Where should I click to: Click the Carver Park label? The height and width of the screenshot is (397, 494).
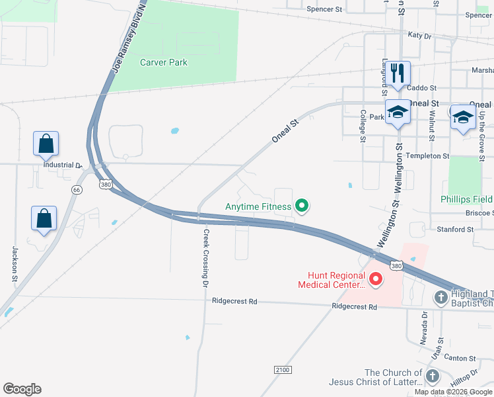pos(163,63)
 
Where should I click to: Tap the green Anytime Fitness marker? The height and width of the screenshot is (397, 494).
pos(302,206)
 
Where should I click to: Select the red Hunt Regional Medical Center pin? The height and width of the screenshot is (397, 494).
pos(376,280)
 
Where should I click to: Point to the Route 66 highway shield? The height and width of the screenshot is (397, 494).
pos(77,190)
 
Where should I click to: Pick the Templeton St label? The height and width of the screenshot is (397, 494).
pos(427,156)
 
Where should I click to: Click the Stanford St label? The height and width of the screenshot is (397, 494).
pos(456,230)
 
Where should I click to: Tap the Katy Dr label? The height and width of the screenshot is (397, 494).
pos(419,34)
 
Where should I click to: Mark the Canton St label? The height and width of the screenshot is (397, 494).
pos(460,359)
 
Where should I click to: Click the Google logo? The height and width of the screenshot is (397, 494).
pos(22,389)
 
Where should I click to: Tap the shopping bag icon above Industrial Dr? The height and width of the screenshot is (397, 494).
pos(46,143)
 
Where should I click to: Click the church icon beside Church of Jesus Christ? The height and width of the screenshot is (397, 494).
pos(432,376)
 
